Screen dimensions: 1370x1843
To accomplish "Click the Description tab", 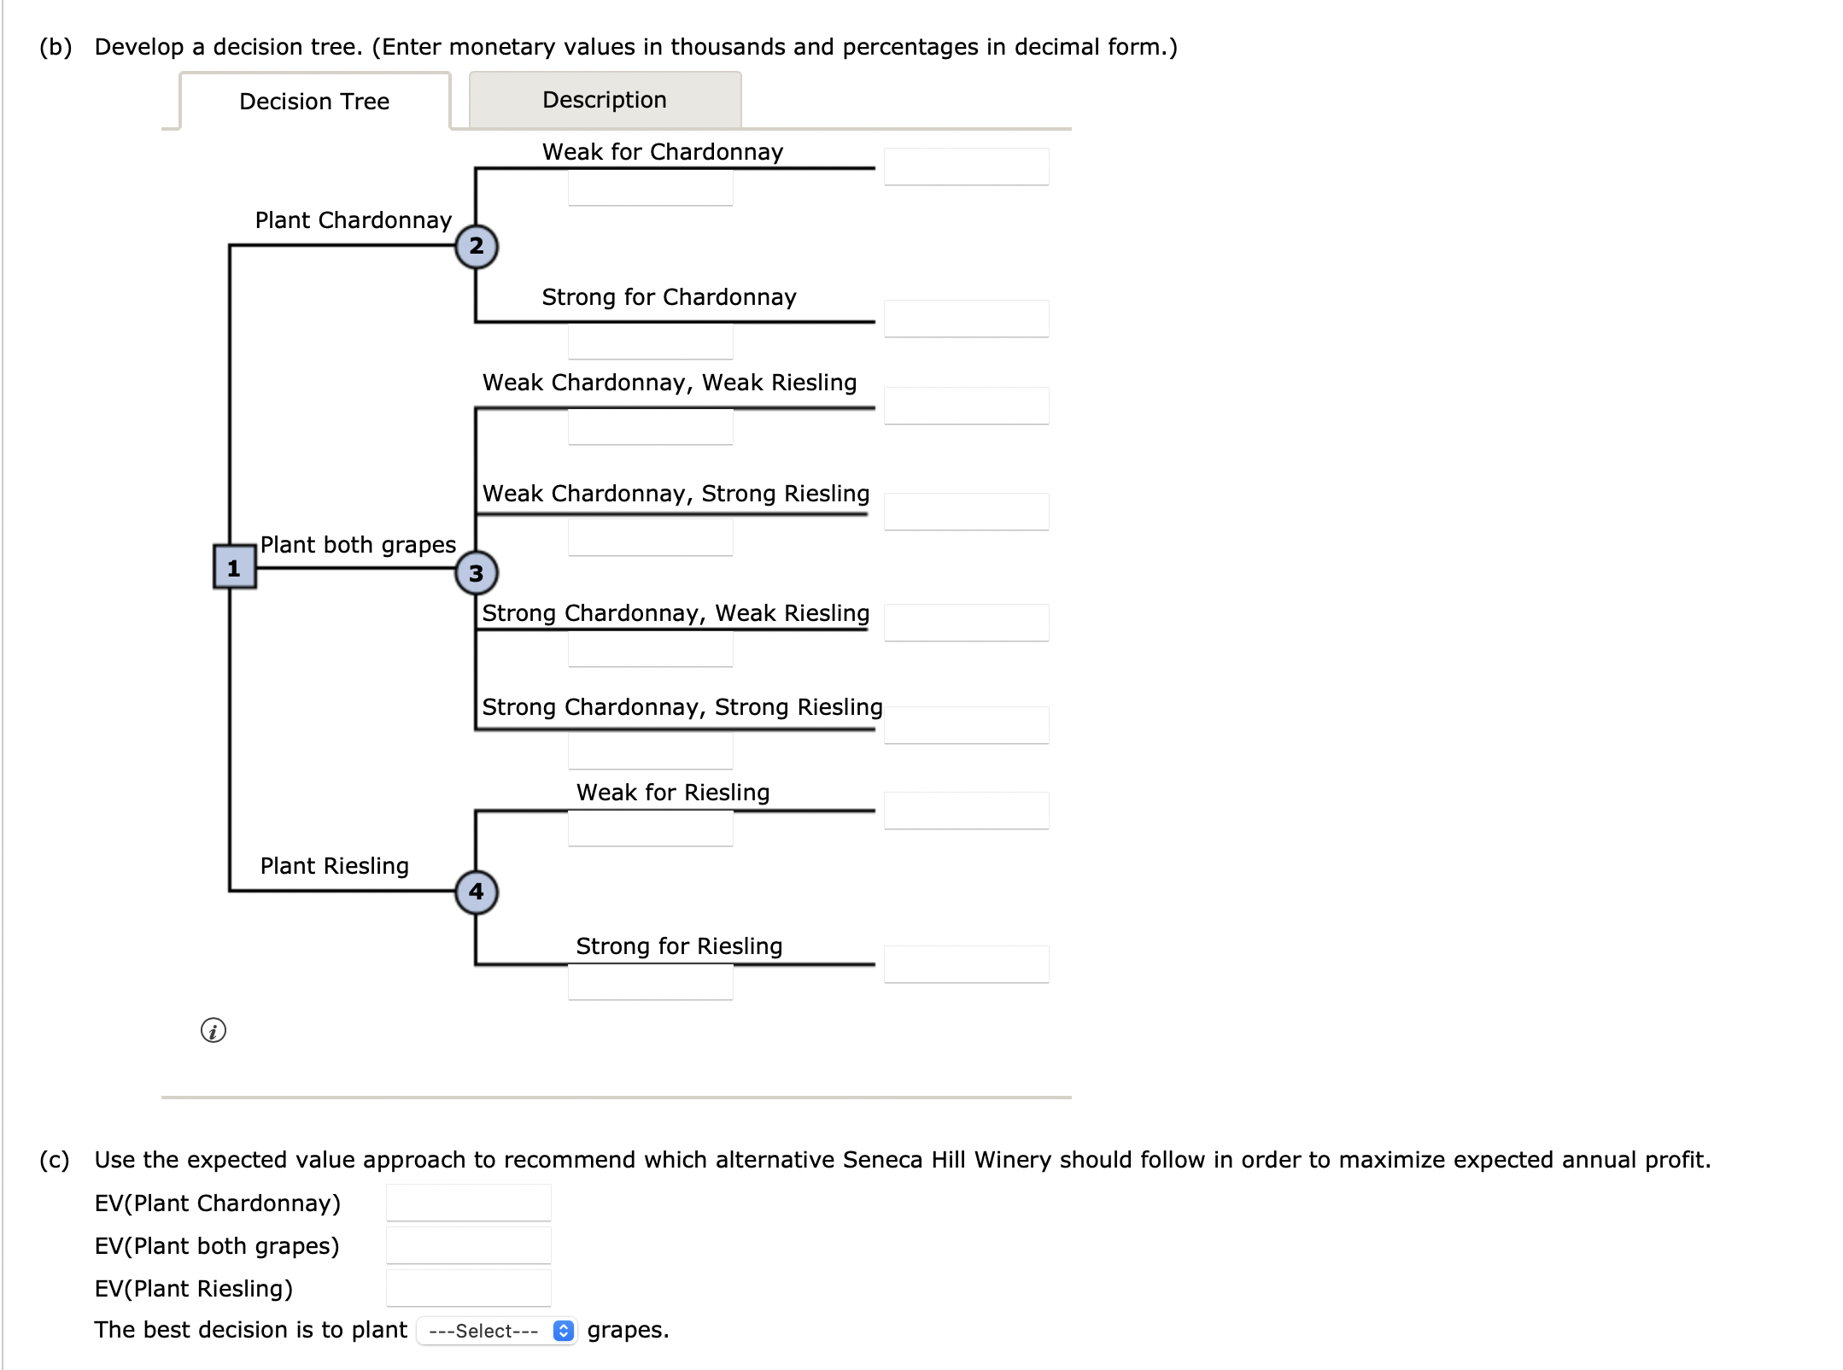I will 605,100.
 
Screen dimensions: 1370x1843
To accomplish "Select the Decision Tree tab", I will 314,102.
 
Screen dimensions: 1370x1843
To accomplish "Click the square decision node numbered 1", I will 234,567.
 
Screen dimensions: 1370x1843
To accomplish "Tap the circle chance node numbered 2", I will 476,246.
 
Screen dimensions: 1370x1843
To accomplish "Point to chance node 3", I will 476,573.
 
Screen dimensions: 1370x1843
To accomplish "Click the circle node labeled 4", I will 476,892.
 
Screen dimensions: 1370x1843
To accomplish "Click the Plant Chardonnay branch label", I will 353,220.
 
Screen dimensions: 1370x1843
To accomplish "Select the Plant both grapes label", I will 358,545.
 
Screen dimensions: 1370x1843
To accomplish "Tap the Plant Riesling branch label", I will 334,866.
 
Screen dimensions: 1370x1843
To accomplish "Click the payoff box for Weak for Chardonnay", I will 966,167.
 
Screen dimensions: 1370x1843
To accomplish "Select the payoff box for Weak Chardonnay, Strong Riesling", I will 966,512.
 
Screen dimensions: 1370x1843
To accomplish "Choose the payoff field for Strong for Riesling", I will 966,964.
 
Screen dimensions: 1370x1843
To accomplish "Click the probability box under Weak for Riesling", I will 650,828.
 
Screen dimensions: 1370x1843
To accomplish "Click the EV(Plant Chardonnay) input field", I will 468,1203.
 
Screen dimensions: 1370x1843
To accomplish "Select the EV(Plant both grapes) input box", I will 468,1245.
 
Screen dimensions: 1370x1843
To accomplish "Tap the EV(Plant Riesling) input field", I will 468,1288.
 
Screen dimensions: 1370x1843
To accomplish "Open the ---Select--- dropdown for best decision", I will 496,1331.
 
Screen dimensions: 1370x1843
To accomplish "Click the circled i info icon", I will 214,1030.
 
